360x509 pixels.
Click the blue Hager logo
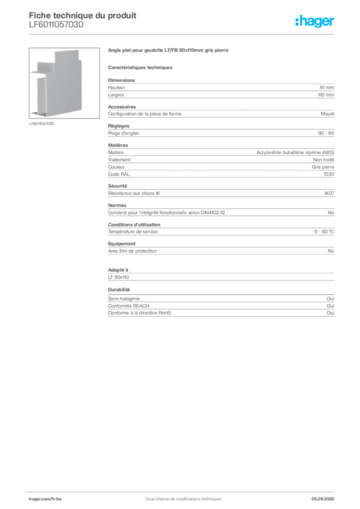[316, 21]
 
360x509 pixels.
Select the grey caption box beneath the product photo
[42, 124]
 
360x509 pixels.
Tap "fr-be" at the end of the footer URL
[56, 498]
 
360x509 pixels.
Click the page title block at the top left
[83, 20]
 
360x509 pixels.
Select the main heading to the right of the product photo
[169, 52]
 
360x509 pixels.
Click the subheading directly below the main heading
[141, 68]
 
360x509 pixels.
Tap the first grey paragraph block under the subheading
[221, 89]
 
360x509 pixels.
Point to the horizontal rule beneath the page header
[183, 34]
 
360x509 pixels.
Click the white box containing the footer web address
[56, 498]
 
